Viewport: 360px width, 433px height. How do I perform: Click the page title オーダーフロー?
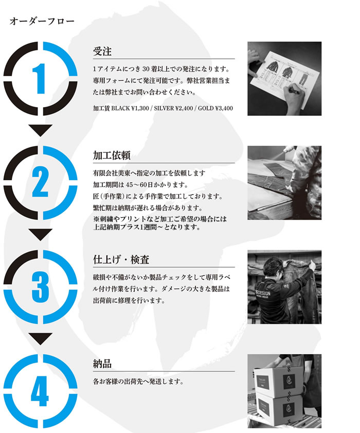(x=42, y=22)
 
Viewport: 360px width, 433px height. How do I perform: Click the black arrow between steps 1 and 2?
(x=42, y=130)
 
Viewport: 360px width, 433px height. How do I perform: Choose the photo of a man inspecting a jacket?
(x=284, y=287)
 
